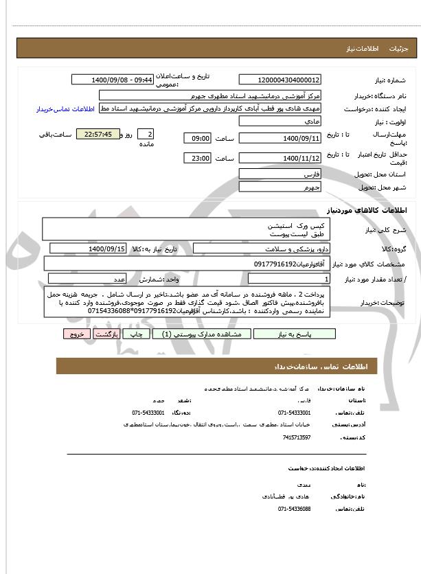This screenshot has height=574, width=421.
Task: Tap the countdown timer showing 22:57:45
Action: click(98, 135)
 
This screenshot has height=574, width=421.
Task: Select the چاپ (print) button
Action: click(137, 334)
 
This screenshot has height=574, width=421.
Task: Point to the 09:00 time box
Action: click(198, 138)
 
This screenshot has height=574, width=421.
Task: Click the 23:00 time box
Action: click(198, 159)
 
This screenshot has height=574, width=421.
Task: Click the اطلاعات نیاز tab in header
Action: click(359, 49)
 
